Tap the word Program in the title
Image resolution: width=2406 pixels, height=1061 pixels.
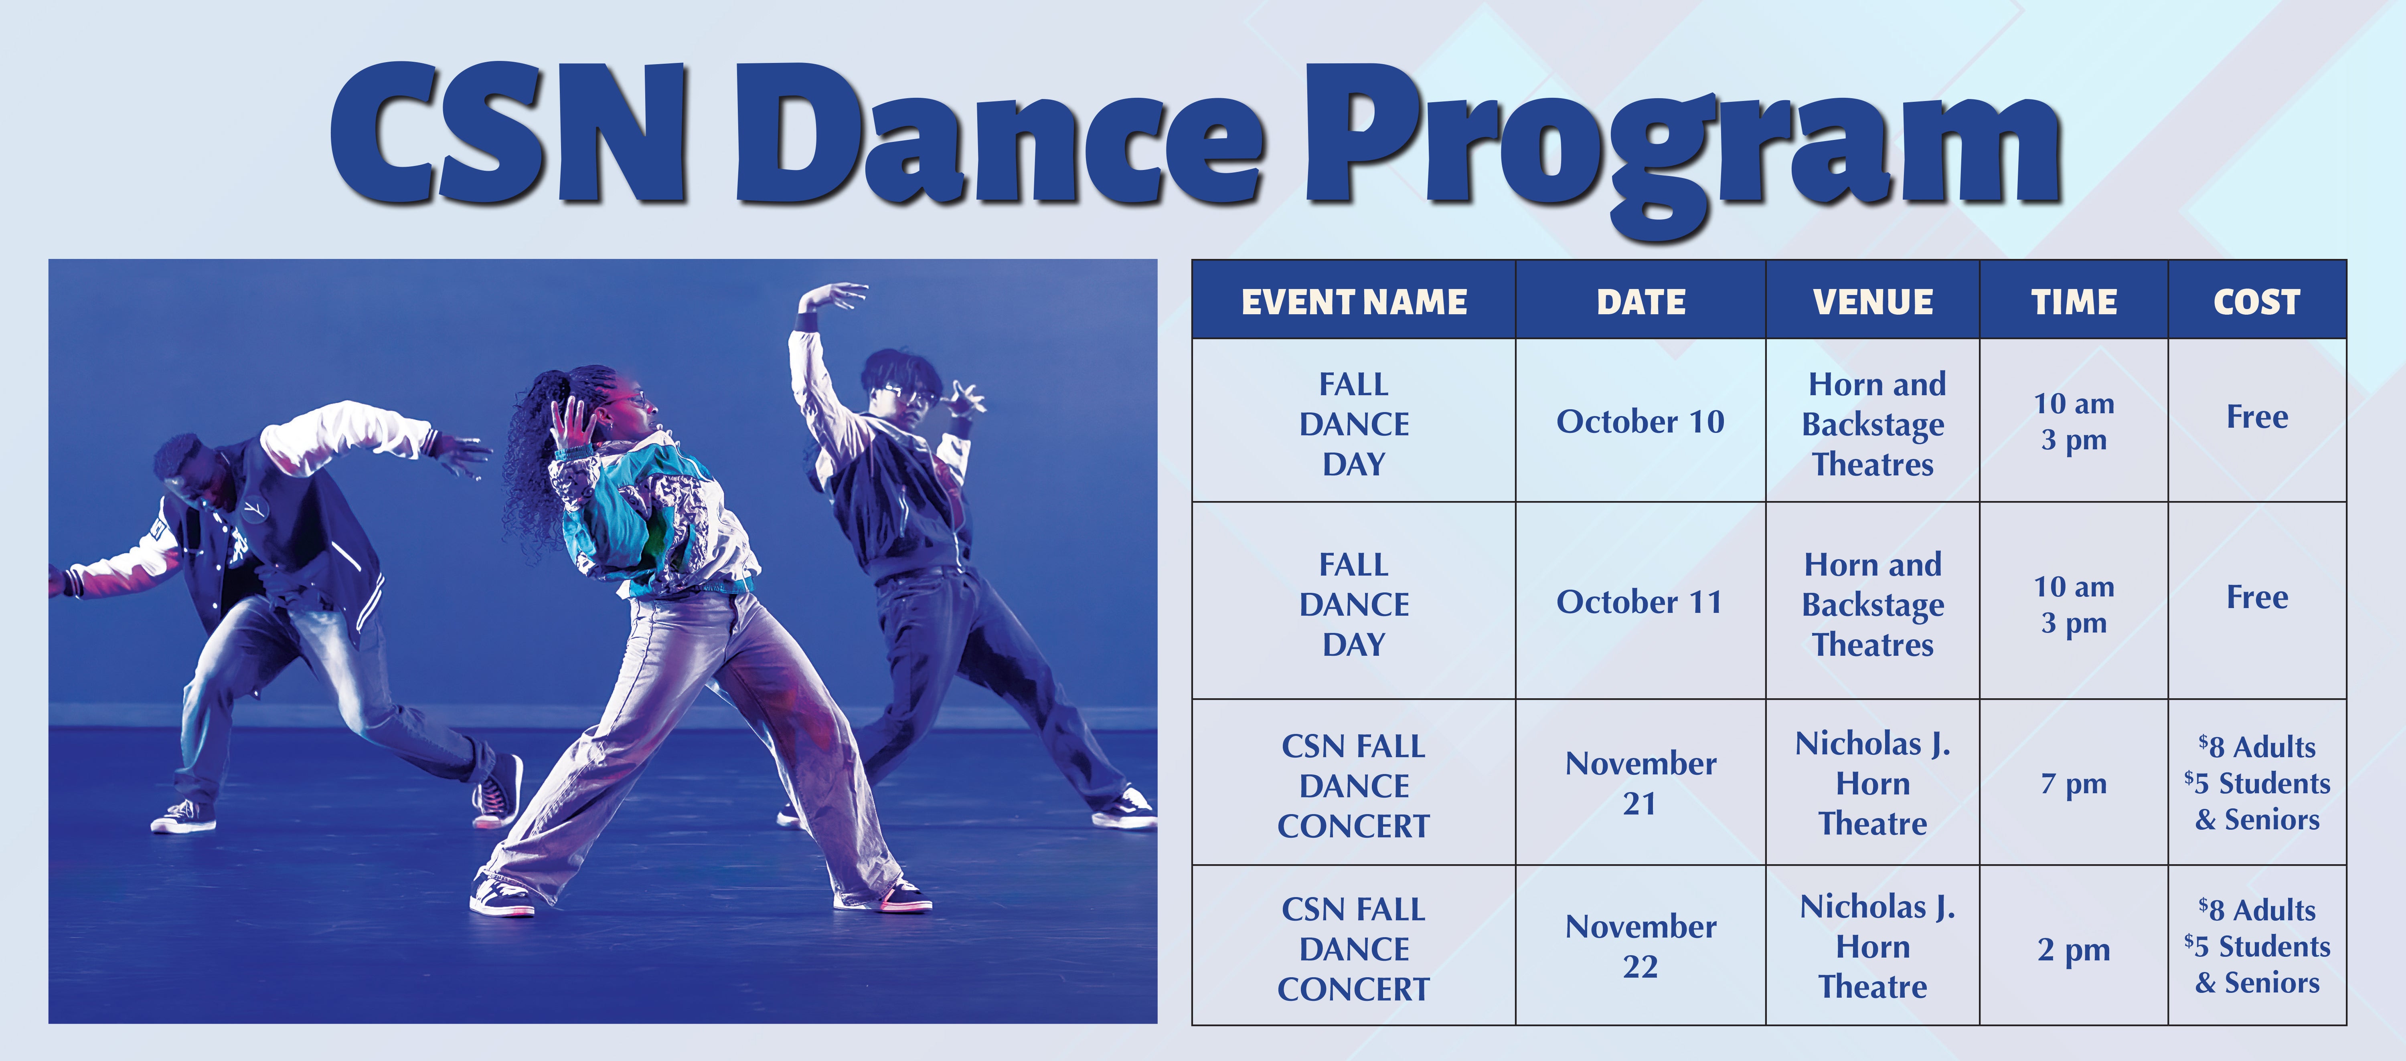click(x=1681, y=140)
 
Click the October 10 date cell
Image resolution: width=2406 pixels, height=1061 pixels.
click(x=1640, y=421)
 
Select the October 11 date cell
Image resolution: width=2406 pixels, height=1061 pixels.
click(x=1640, y=602)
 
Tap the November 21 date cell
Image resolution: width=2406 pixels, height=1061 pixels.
click(x=1640, y=783)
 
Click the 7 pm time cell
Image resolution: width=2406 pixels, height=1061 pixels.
click(x=2074, y=783)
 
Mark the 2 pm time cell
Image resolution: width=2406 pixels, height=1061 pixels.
click(x=2074, y=949)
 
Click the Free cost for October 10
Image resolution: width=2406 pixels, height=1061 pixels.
click(x=2256, y=416)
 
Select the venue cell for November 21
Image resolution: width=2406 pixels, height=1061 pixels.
click(x=1873, y=783)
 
